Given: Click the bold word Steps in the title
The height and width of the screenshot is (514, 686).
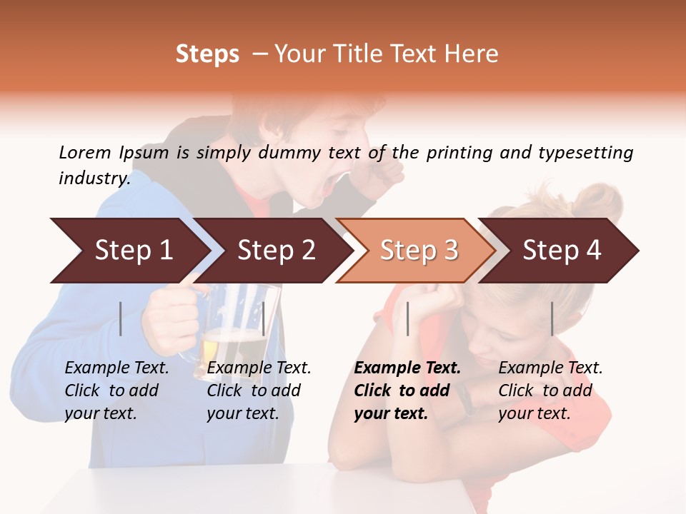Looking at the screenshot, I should [x=207, y=54].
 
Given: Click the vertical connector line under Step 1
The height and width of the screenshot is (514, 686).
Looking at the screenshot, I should [x=121, y=318].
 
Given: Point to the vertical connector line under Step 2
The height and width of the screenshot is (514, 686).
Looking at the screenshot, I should [x=264, y=318].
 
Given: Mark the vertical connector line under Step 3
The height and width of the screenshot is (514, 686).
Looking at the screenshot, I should [x=407, y=318].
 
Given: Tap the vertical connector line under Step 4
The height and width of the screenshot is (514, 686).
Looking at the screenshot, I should [x=552, y=318].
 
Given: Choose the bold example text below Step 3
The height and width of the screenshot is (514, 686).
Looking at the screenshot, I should [x=407, y=390].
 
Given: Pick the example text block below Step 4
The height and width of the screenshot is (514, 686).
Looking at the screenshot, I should [x=550, y=390].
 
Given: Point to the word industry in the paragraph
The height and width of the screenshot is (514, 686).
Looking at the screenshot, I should [x=94, y=178].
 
